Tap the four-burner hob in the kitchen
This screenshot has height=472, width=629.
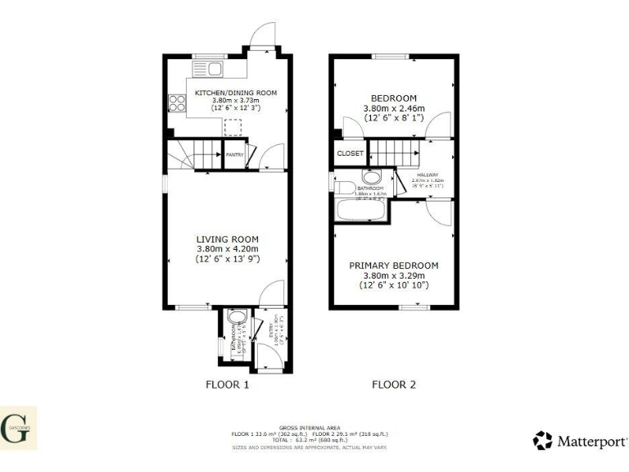178,103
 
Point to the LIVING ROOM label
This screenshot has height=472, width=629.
227,238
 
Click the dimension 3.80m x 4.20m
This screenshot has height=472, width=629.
227,249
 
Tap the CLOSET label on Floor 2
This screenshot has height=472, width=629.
351,153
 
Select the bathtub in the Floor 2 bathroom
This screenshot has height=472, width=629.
361,209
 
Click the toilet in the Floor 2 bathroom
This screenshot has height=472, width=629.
371,177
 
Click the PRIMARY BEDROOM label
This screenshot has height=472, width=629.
394,265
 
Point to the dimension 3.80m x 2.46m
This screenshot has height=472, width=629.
394,107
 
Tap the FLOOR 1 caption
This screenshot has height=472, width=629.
227,383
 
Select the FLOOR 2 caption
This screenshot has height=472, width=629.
394,383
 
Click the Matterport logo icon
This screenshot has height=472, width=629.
542,441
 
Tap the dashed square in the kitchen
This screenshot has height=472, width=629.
233,127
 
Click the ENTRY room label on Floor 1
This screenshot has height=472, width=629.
271,331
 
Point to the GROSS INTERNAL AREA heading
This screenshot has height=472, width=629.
309,427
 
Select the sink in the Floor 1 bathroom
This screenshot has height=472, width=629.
238,318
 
